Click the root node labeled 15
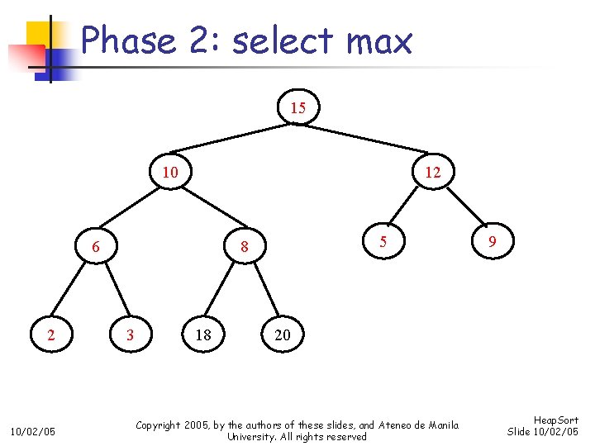point(298,108)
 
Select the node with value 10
point(170,173)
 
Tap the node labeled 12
point(432,173)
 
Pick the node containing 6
point(96,246)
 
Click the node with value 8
point(245,246)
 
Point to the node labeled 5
point(383,242)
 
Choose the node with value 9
point(492,242)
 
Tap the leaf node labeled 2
point(51,334)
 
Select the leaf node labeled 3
point(129,334)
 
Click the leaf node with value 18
point(203,334)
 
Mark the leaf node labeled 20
point(283,334)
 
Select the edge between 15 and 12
point(365,140)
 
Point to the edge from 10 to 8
point(207,210)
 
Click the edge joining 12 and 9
point(463,208)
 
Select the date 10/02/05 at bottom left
point(32,430)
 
